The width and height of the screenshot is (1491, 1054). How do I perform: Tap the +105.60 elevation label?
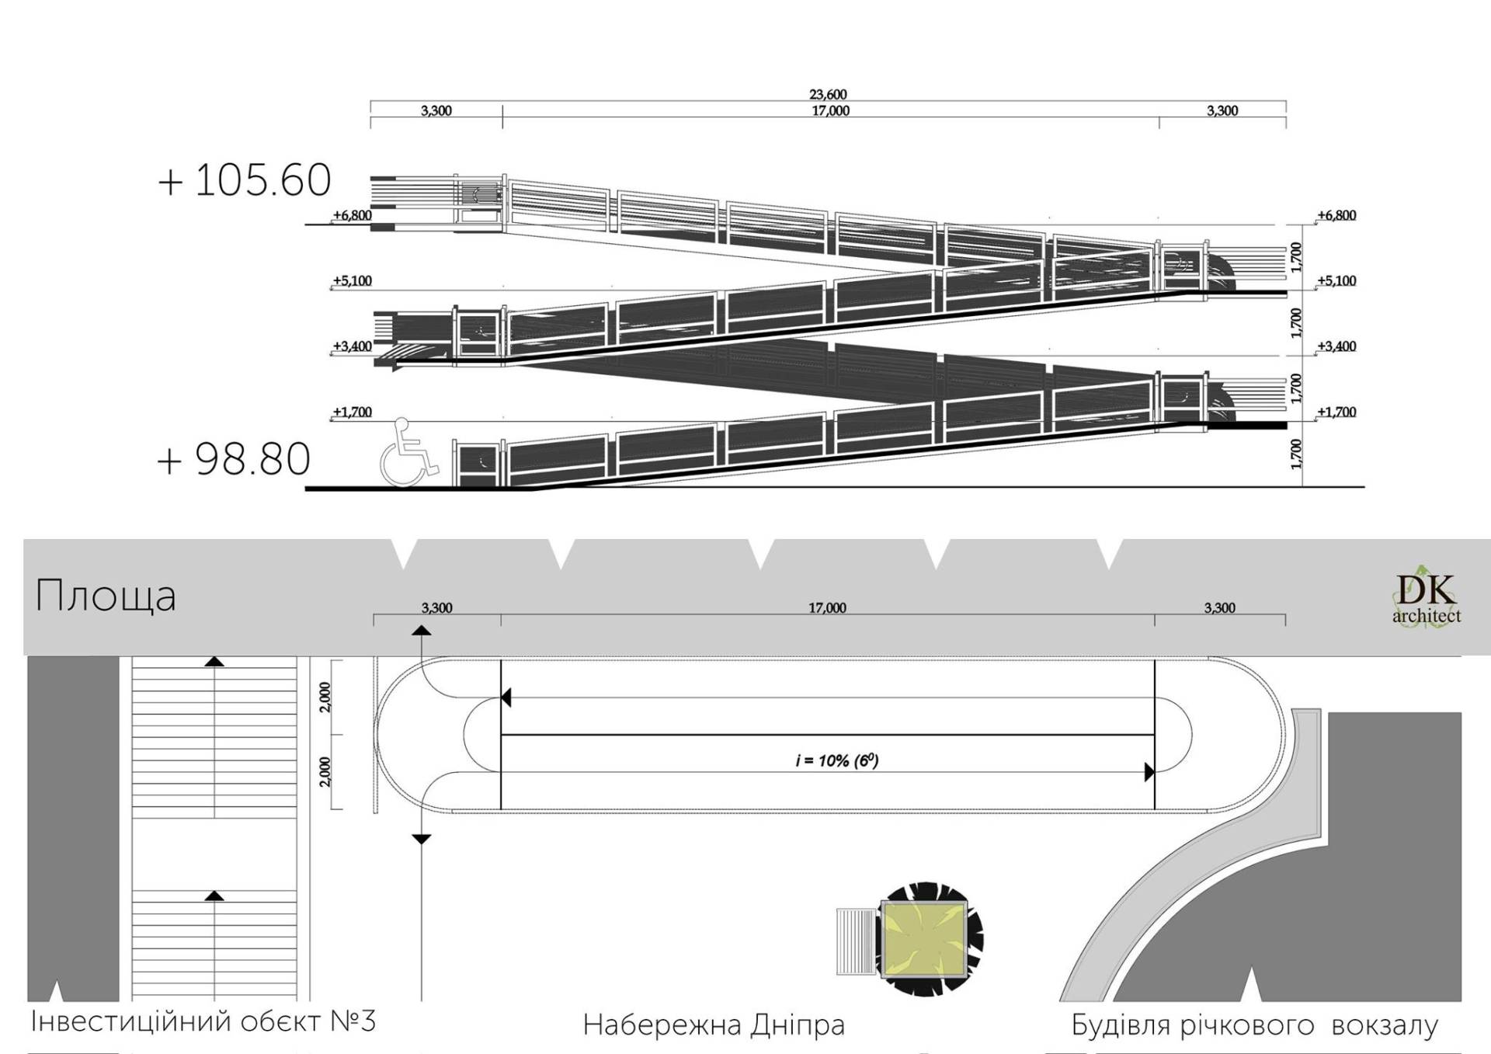click(245, 180)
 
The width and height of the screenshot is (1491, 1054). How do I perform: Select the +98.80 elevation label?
click(234, 459)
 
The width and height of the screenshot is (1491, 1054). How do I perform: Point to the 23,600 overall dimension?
click(828, 95)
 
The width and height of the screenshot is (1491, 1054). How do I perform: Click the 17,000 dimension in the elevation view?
click(830, 111)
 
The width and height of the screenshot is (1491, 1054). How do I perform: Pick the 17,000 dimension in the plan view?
click(827, 608)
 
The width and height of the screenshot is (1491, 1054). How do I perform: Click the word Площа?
click(106, 597)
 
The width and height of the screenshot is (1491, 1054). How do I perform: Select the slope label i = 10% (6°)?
click(836, 760)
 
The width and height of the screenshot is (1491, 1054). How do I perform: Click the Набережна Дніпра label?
click(714, 1025)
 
